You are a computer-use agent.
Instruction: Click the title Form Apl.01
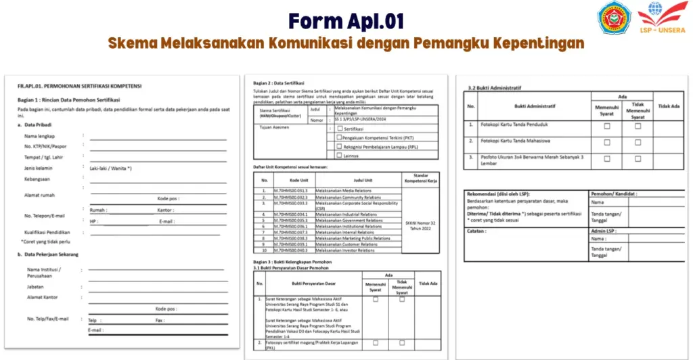346,21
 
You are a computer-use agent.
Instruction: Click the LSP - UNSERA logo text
661,30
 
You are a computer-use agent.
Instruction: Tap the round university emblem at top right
613,18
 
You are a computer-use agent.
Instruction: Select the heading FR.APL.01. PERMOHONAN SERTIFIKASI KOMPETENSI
79,86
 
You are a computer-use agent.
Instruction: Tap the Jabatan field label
37,286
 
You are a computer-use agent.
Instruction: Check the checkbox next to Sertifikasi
340,127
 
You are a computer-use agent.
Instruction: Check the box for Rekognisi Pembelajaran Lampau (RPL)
340,145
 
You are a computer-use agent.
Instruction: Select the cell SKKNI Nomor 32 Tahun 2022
420,225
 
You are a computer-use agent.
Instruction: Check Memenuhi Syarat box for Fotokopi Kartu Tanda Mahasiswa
607,142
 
